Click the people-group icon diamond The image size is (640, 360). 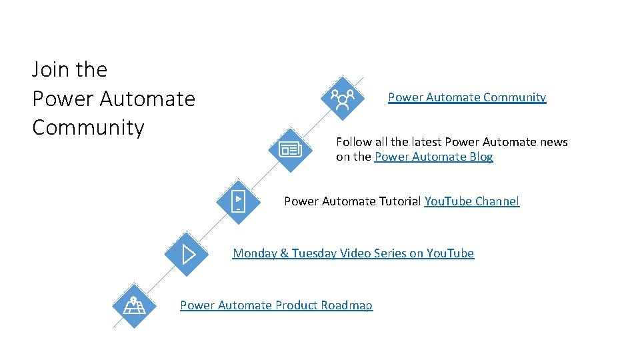tap(342, 97)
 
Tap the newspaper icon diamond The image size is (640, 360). tap(291, 149)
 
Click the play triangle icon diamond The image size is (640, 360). tap(187, 253)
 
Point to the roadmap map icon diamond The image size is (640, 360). tap(134, 305)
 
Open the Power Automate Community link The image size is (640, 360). tap(467, 97)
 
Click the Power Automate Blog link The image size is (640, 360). tap(433, 157)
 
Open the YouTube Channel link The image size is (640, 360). tap(471, 201)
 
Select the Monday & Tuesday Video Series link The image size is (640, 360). tap(353, 253)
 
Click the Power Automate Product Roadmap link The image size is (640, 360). tap(276, 305)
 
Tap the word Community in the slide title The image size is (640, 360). tap(87, 127)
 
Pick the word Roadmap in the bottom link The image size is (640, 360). tap(347, 305)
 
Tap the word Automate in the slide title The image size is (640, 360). tap(147, 99)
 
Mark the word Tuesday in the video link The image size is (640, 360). tap(314, 253)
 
